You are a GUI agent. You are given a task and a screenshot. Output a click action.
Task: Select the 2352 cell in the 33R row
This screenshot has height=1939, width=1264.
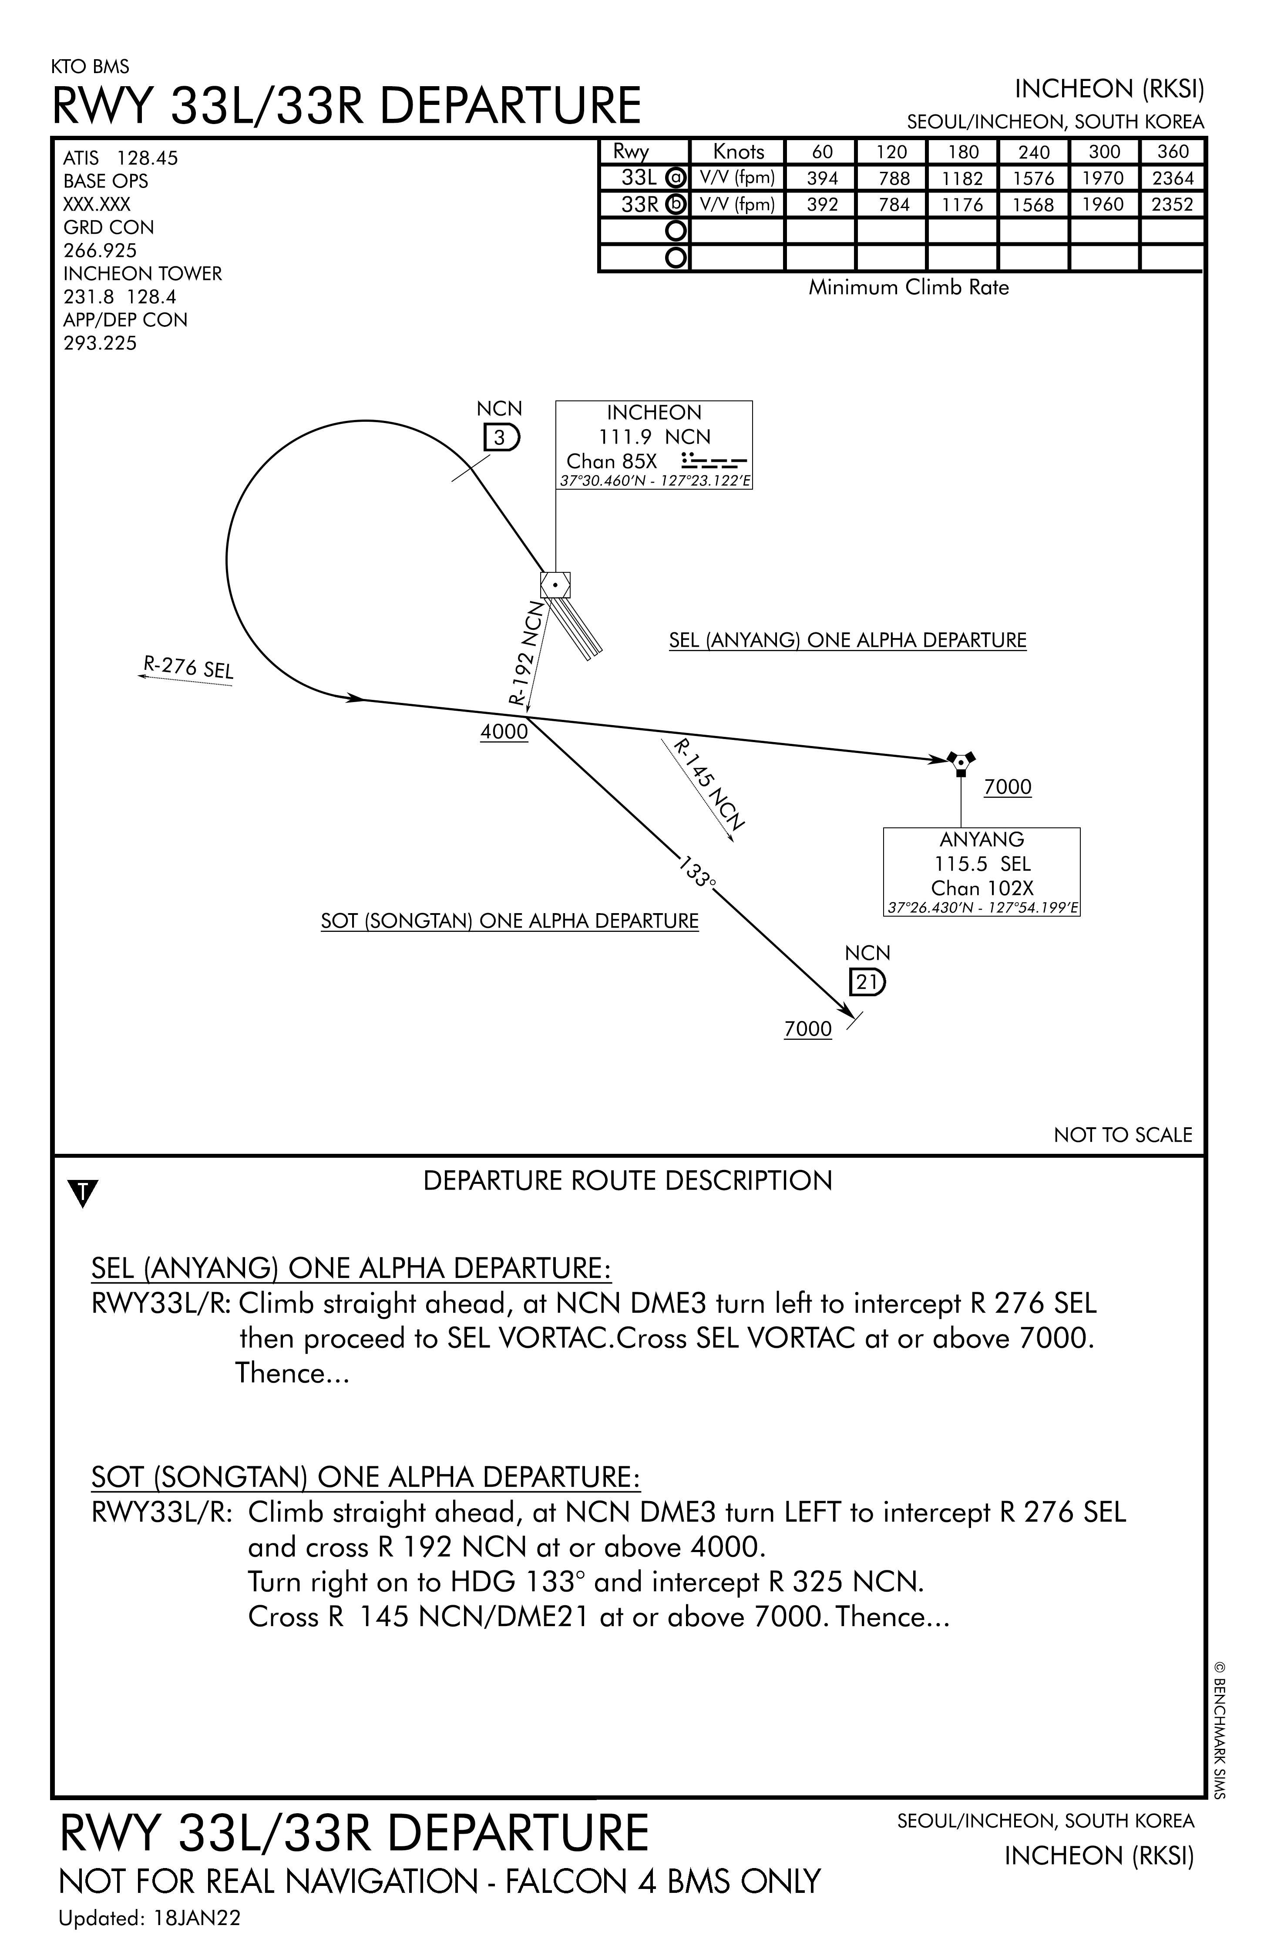tap(1172, 205)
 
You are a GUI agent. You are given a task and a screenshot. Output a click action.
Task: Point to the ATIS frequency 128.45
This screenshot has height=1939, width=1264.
tap(147, 158)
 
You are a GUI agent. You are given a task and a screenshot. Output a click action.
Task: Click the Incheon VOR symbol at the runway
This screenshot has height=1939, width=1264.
tap(555, 585)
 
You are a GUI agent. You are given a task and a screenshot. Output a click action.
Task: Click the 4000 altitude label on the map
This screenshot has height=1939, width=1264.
tap(504, 732)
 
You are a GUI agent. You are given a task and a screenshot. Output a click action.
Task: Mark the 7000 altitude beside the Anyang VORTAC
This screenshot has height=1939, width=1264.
tap(1007, 787)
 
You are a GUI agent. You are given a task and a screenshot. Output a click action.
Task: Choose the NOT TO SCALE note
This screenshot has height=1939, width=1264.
tap(1122, 1135)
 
